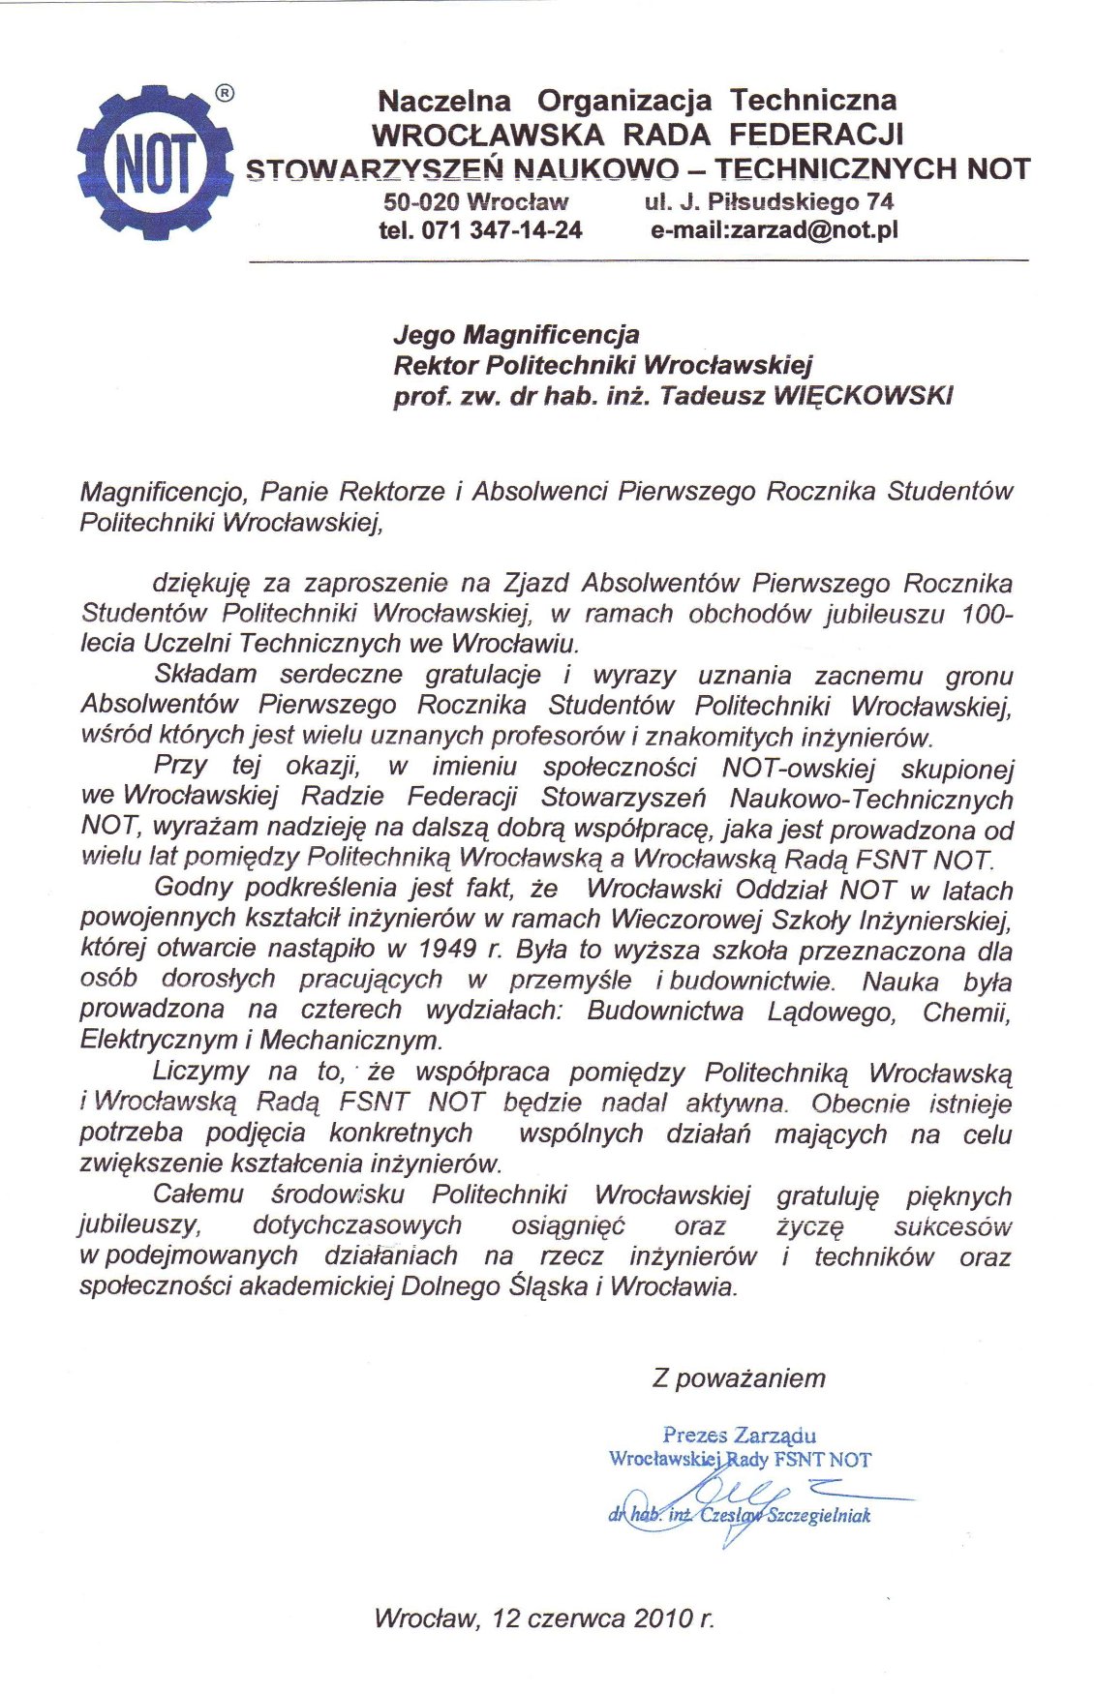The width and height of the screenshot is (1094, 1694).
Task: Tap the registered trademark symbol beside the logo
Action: (224, 94)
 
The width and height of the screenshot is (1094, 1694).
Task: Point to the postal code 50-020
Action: (421, 202)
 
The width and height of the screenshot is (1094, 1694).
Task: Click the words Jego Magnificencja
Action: (516, 335)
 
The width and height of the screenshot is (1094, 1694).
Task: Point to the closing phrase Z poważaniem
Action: (739, 1378)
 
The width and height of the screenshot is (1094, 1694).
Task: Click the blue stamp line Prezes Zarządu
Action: (739, 1435)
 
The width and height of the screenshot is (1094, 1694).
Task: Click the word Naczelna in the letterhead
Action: (443, 101)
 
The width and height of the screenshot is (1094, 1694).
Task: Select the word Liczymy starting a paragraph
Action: (200, 1073)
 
